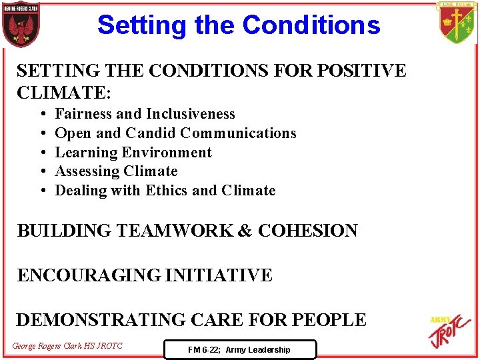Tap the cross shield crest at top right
457,22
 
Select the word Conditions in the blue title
311,25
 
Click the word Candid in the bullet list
151,133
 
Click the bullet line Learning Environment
133,153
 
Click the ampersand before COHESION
245,231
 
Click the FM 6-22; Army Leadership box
239,349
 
